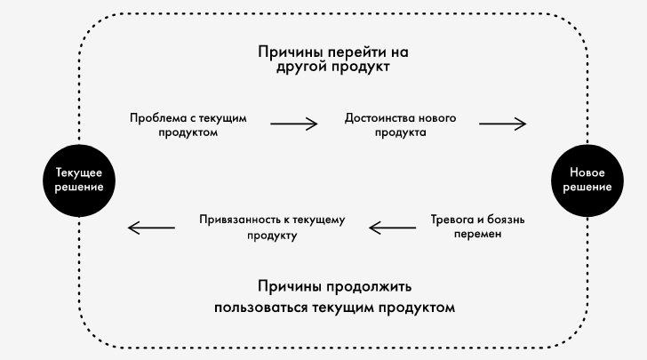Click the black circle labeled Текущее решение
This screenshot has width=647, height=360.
[79, 180]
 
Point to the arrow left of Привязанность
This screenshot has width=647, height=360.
[151, 228]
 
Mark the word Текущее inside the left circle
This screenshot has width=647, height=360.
[79, 172]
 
